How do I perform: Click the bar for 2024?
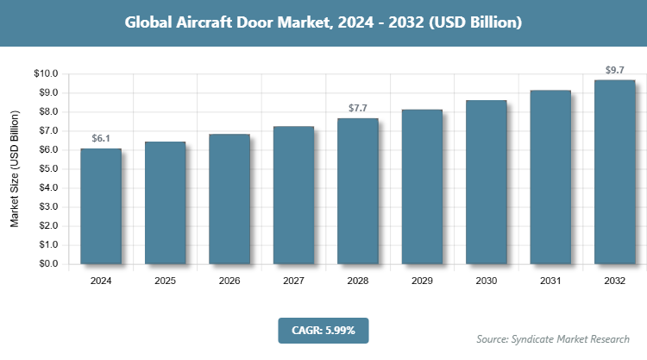(x=101, y=206)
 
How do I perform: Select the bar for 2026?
(x=229, y=199)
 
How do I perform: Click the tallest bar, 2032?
(x=615, y=172)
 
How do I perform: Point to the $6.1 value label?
(x=101, y=138)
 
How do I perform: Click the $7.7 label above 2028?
(x=358, y=108)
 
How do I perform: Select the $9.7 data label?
(x=615, y=69)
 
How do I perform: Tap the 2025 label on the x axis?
(x=166, y=281)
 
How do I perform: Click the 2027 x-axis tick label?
(x=294, y=281)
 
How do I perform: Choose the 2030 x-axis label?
(x=487, y=281)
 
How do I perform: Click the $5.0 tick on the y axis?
(x=47, y=169)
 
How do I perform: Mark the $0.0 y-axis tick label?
(x=47, y=264)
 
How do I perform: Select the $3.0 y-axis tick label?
(x=47, y=207)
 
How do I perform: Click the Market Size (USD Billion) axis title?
(x=15, y=169)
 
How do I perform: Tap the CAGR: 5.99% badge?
(x=323, y=330)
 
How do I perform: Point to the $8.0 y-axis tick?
(x=47, y=112)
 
